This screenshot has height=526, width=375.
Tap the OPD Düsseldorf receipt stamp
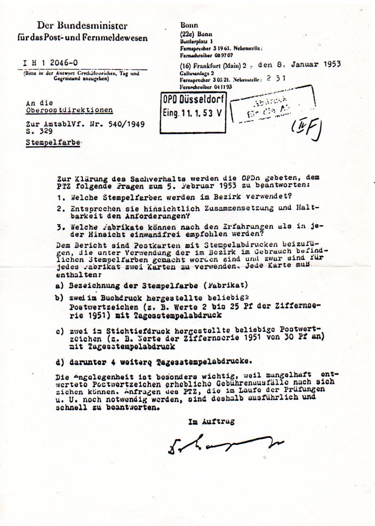(193, 113)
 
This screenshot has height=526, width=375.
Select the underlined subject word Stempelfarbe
(53, 142)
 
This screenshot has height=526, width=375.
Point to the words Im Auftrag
(211, 421)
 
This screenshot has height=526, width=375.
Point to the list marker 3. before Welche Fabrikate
(60, 226)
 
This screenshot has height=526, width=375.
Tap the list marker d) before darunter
(59, 362)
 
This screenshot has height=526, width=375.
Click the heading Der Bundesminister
(82, 26)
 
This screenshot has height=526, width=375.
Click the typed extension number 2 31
(276, 80)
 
